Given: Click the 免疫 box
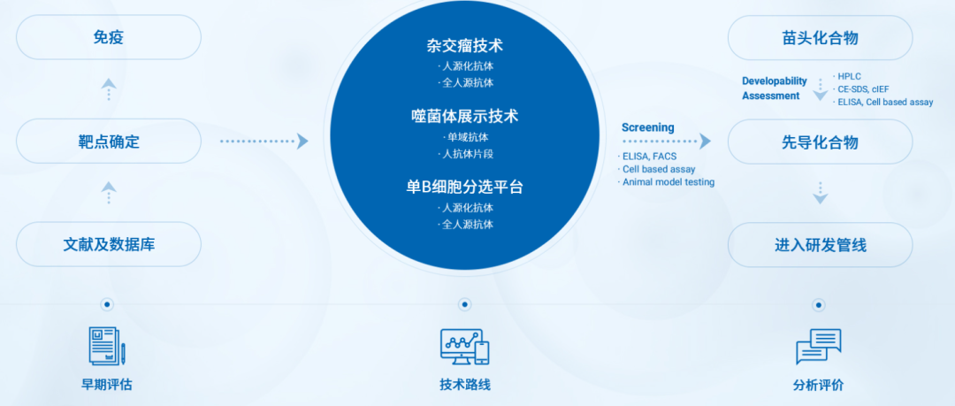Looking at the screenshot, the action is tap(109, 37).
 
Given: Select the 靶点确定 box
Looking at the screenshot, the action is tap(109, 142).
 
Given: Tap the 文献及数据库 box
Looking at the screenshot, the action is tap(109, 244).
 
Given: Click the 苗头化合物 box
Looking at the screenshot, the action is tap(820, 38).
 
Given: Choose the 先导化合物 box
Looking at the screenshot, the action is tap(820, 142).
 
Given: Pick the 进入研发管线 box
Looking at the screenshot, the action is tap(820, 245).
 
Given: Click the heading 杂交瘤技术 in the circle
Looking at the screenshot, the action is tap(465, 45).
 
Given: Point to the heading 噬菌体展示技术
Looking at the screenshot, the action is tap(465, 116).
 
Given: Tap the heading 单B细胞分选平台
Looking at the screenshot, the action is tap(465, 187).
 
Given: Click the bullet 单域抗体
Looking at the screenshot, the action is tap(466, 137).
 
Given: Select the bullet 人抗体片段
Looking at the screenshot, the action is tap(465, 154).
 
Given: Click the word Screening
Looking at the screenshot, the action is tap(647, 127).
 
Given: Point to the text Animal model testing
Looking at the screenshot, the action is tap(668, 181).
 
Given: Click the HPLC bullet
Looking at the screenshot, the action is tap(847, 76).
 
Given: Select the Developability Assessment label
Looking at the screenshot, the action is tap(774, 88).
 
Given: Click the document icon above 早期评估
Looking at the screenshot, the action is tap(107, 346).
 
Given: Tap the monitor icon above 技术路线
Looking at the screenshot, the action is tap(465, 346).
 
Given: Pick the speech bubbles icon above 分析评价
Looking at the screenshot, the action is tap(819, 346).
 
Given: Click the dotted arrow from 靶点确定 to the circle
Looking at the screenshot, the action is tap(264, 142).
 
